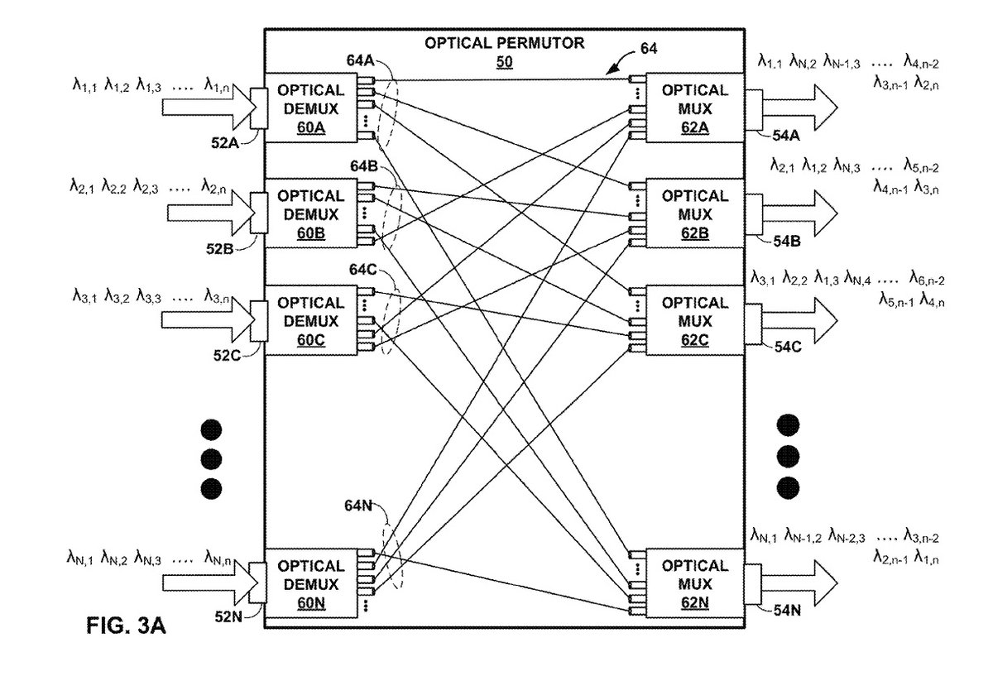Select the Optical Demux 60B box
(x=311, y=213)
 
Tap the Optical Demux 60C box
(x=311, y=319)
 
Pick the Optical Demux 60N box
(x=311, y=583)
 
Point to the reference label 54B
(x=785, y=242)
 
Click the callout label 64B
(x=363, y=166)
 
